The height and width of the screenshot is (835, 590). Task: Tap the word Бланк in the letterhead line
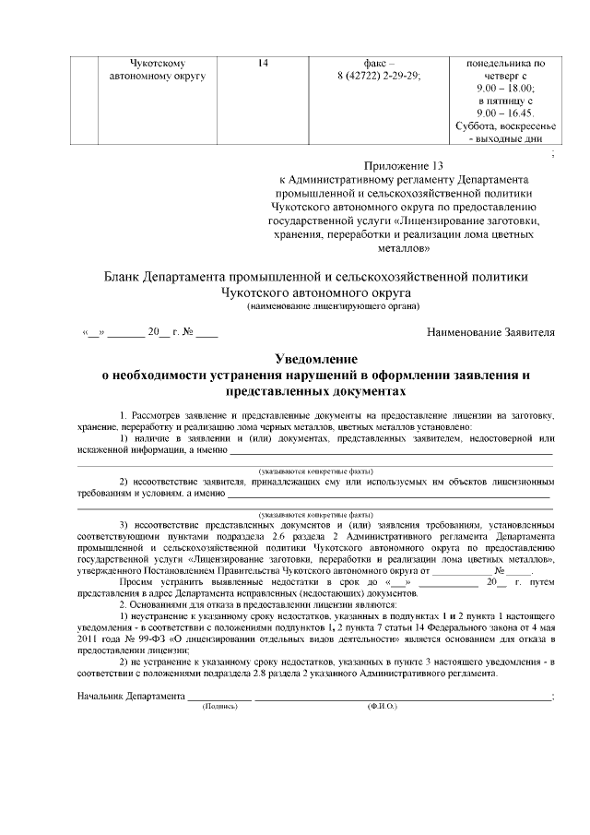point(126,277)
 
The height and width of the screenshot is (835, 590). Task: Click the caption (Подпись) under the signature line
point(219,706)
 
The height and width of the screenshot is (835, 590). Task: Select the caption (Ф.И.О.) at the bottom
point(381,706)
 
